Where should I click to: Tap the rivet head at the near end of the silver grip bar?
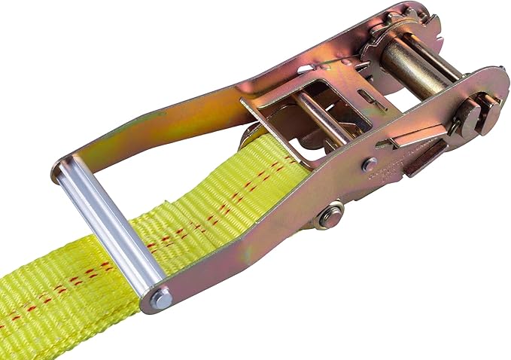[160, 301]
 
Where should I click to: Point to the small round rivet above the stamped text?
[369, 165]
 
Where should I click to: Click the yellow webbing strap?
[68, 301]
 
